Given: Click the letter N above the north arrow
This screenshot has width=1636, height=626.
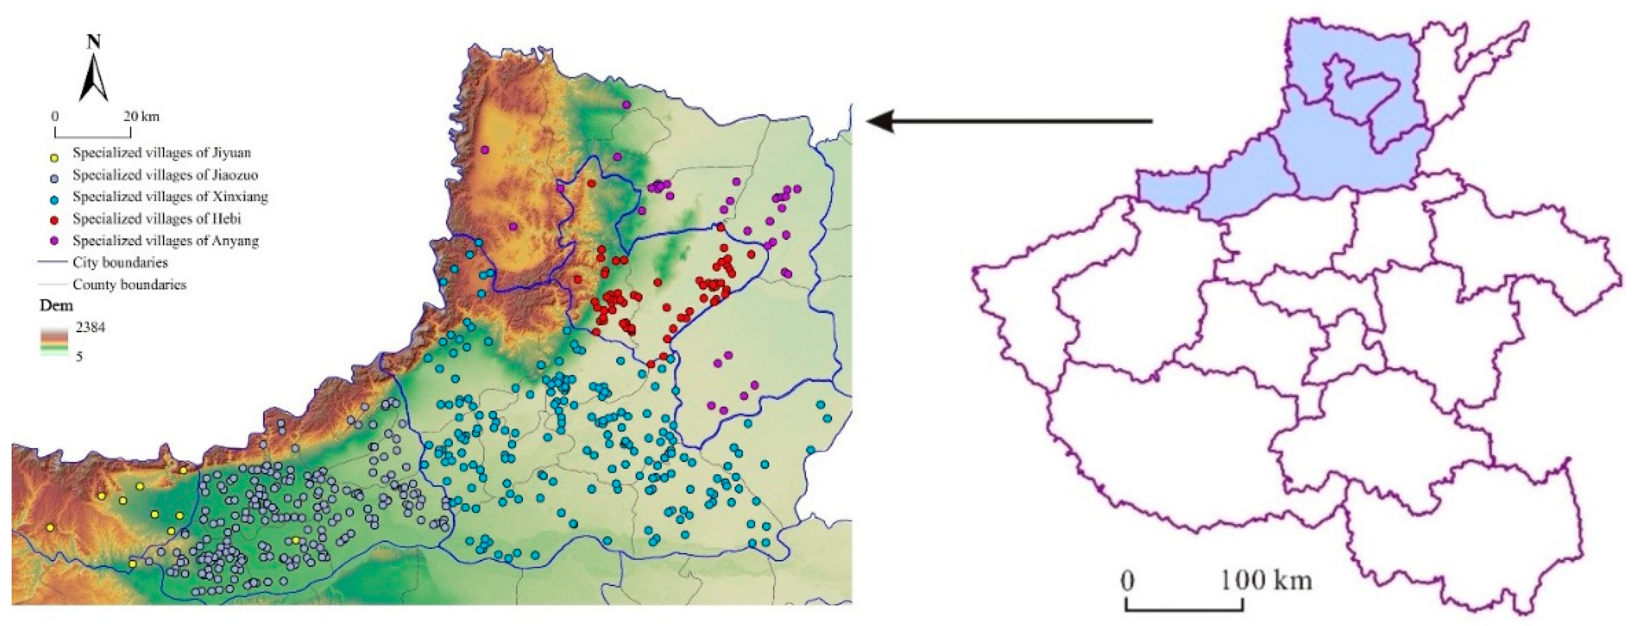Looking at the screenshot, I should [x=93, y=42].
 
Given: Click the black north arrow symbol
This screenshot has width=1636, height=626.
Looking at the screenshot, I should [x=93, y=79].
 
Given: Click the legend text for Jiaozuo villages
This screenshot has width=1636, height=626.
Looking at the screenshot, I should [x=165, y=175].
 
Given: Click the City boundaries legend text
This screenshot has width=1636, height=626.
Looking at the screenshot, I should [x=120, y=263].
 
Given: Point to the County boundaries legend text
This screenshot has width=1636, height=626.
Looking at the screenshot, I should [x=130, y=285].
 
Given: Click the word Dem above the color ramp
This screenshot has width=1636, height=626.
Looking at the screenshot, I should [x=56, y=306].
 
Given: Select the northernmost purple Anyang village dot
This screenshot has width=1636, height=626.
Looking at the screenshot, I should [x=626, y=104].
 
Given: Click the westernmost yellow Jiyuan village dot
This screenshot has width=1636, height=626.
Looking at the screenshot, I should [x=50, y=527].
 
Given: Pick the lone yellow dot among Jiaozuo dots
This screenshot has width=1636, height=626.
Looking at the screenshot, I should [x=296, y=540].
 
